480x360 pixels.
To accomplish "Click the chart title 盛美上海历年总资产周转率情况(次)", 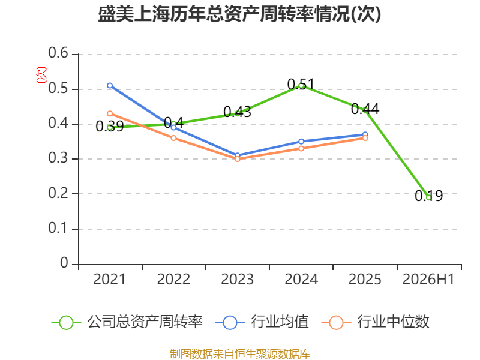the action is click(239, 14).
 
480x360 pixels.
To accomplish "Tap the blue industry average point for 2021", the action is click(110, 85).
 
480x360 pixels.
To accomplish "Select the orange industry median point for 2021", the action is click(110, 113).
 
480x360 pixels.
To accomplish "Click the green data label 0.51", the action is click(301, 84).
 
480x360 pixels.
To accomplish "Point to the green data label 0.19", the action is click(428, 196).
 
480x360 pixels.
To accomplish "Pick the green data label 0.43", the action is click(237, 112).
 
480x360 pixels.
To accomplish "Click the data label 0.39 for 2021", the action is click(110, 127).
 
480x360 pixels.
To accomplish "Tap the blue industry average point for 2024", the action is click(301, 142).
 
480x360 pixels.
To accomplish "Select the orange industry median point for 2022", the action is click(173, 138).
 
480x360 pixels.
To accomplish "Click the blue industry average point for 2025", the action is click(365, 134).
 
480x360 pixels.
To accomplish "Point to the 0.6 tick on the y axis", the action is click(58, 53).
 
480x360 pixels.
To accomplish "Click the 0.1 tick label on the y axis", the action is click(58, 228).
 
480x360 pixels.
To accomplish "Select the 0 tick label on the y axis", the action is click(64, 263).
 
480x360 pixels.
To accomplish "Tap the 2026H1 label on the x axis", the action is click(428, 280).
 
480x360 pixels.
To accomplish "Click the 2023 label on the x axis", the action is click(237, 280).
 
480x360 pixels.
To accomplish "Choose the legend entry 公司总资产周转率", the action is click(127, 322).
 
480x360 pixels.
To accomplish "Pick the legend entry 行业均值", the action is click(262, 322).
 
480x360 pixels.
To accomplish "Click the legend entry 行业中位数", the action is click(376, 322).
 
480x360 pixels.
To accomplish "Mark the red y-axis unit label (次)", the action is click(41, 75).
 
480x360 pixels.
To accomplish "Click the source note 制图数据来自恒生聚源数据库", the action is click(240, 354).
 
